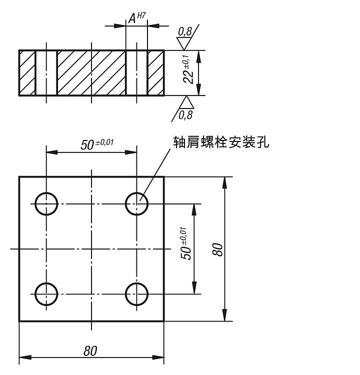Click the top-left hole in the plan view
pyautogui.click(x=46, y=203)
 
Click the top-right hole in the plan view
pyautogui.click(x=136, y=203)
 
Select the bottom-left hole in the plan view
pyautogui.click(x=46, y=293)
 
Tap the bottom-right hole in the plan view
pyautogui.click(x=136, y=293)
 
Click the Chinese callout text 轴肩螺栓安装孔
pyautogui.click(x=220, y=142)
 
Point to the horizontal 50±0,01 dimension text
pyautogui.click(x=97, y=144)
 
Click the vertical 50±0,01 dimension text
pyautogui.click(x=185, y=243)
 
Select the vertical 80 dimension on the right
pyautogui.click(x=218, y=248)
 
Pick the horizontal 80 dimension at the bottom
pyautogui.click(x=90, y=351)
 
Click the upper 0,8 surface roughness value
pyautogui.click(x=184, y=32)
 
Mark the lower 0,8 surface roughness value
pyautogui.click(x=185, y=115)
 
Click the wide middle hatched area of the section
pyautogui.click(x=91, y=72)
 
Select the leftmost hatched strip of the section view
pyautogui.click(x=27, y=72)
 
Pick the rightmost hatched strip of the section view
pyautogui.click(x=155, y=72)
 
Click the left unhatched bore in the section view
pyautogui.click(x=46, y=72)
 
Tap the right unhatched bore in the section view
pyautogui.click(x=136, y=72)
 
